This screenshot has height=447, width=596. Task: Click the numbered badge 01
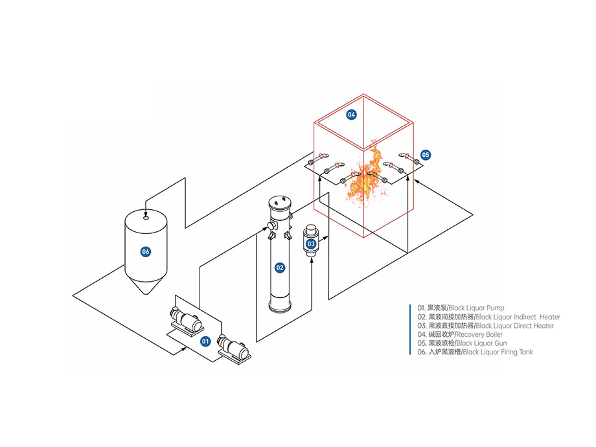point(205,340)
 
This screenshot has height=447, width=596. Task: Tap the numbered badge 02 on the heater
point(280,267)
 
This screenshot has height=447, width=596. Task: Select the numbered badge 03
point(311,244)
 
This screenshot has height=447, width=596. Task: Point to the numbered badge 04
point(352,115)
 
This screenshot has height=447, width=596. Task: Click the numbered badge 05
point(426,155)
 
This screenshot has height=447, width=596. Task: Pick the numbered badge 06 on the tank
point(146,251)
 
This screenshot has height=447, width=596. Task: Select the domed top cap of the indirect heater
point(280,201)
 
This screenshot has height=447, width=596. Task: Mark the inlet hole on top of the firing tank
point(146,218)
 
